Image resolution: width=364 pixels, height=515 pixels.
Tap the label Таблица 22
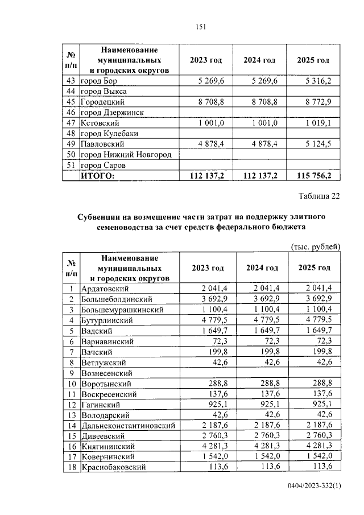[319, 197]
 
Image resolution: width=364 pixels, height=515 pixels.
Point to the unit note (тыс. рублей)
[316, 246]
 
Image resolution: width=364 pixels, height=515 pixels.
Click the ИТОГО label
[97, 176]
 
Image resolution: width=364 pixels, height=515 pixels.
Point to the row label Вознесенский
[107, 373]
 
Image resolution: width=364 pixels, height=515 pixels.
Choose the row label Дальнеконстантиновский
[124, 425]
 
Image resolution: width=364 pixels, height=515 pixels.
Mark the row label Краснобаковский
[114, 467]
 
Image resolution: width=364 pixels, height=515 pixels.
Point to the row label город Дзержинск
[113, 112]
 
